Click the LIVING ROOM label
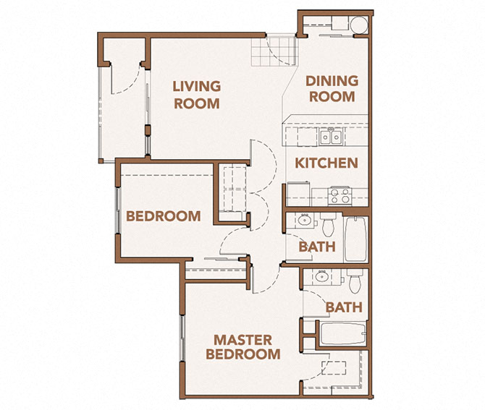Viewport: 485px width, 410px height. (x=196, y=95)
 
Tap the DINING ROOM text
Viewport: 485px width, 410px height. (x=329, y=88)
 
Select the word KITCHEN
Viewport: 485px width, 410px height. (x=326, y=163)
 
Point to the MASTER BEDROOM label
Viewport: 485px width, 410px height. (x=242, y=347)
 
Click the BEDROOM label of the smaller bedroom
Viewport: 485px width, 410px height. (x=163, y=215)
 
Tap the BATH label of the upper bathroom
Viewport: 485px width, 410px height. (x=317, y=247)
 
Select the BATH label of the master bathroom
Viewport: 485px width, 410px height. (x=343, y=307)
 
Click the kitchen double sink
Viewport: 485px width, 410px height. (x=332, y=137)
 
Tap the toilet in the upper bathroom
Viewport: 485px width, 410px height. (x=328, y=226)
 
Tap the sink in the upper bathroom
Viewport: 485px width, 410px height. (x=300, y=222)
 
